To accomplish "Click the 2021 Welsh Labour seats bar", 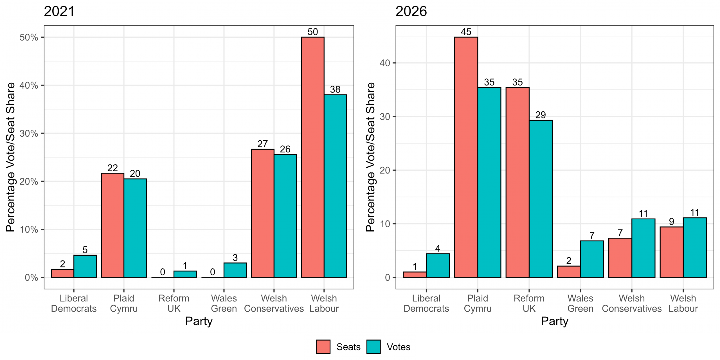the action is [x=313, y=157].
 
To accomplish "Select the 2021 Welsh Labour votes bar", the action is [x=335, y=186].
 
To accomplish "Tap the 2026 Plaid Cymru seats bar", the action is [x=466, y=157].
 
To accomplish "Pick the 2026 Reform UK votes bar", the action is [x=541, y=199].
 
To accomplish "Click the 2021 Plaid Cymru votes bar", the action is [x=135, y=228].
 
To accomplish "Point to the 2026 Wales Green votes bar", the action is [x=592, y=259].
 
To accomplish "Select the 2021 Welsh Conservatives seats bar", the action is [x=263, y=213].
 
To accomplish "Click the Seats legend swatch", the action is [x=323, y=347].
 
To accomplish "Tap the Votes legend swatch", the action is [x=373, y=347].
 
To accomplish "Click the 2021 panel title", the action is [x=59, y=12].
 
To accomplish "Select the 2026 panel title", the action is [x=411, y=12].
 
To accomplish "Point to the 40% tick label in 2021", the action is [x=29, y=85].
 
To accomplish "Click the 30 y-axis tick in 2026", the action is [x=385, y=116].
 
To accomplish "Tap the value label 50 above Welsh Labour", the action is [x=313, y=32].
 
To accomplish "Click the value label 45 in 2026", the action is [x=466, y=32].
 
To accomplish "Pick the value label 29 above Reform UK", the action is [x=541, y=115].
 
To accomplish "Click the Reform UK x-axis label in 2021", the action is [x=174, y=303].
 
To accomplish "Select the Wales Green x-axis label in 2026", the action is [x=580, y=303].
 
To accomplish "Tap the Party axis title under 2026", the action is [x=555, y=321].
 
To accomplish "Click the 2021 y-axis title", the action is [x=10, y=157].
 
